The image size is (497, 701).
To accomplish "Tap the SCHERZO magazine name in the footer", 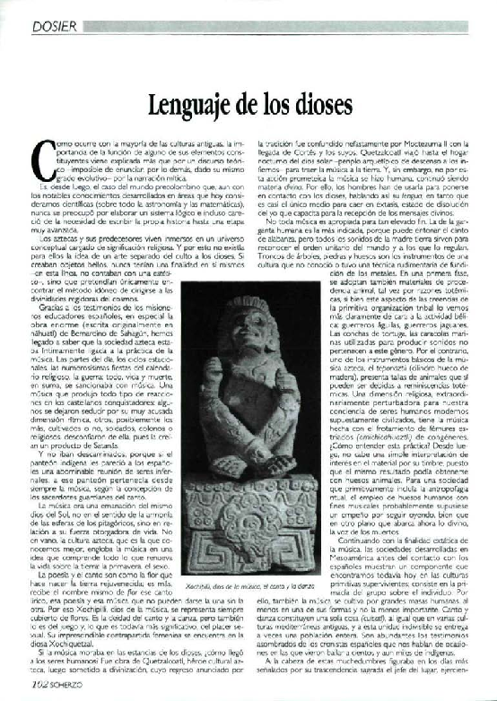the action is [x=74, y=690].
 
